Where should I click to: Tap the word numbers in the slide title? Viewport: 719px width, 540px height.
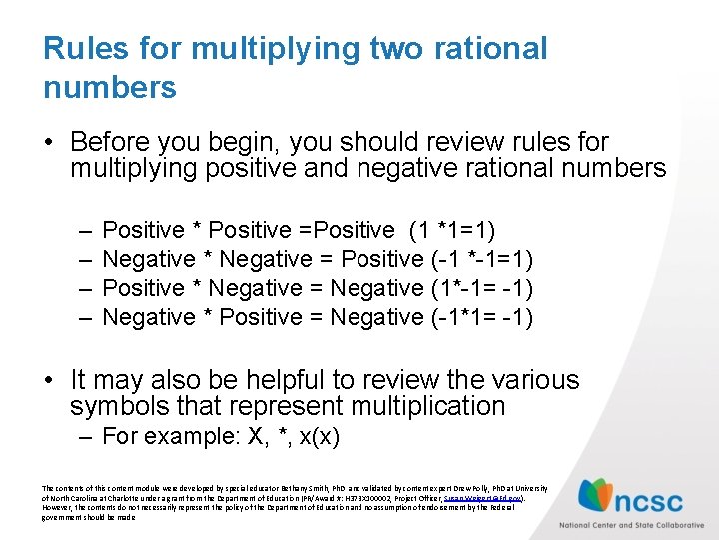click(110, 87)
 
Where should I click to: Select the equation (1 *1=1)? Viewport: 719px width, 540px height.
click(452, 230)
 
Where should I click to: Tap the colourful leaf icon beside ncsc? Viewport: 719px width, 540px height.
click(598, 496)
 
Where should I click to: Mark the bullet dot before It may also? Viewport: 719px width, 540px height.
click(50, 380)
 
